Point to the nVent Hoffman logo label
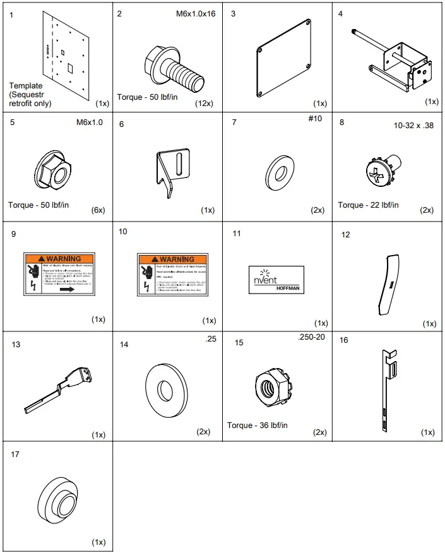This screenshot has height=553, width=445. [277, 278]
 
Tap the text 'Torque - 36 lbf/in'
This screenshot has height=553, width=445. [258, 425]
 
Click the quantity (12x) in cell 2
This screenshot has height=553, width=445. [203, 102]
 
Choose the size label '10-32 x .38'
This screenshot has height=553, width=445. [413, 125]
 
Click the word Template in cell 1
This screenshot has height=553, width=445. [26, 86]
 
